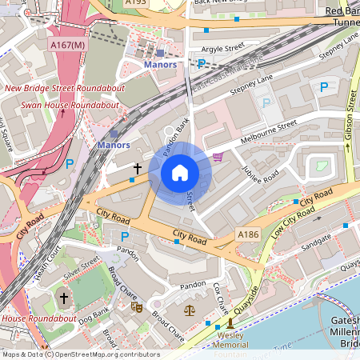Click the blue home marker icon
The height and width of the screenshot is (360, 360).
pyautogui.click(x=180, y=172)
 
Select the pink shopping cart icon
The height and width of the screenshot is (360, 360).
pyautogui.click(x=218, y=157)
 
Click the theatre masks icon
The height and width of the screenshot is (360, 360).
pyautogui.click(x=136, y=306)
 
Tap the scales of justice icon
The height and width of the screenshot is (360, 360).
pyautogui.click(x=190, y=308)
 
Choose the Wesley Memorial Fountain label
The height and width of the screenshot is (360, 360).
pyautogui.click(x=230, y=342)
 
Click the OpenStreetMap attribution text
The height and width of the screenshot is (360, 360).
pyautogui.click(x=80, y=354)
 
